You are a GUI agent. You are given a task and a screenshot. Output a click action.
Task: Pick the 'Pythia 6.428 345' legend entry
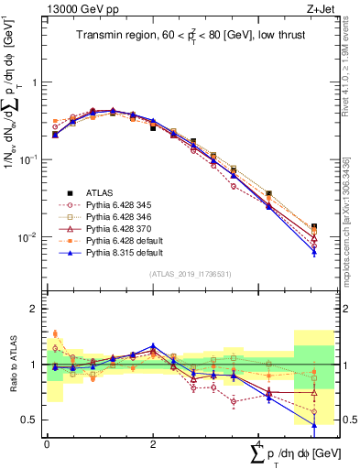[x=120, y=205]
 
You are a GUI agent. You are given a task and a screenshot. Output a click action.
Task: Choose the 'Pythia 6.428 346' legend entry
[x=120, y=218]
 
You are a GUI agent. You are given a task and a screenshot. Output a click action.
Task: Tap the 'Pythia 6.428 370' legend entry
[x=120, y=230]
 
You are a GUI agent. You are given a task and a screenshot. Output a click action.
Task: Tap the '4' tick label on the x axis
[x=258, y=443]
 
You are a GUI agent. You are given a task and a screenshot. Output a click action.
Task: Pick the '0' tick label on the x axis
[x=46, y=443]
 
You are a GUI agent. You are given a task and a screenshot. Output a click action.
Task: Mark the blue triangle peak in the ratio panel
[x=153, y=346]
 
